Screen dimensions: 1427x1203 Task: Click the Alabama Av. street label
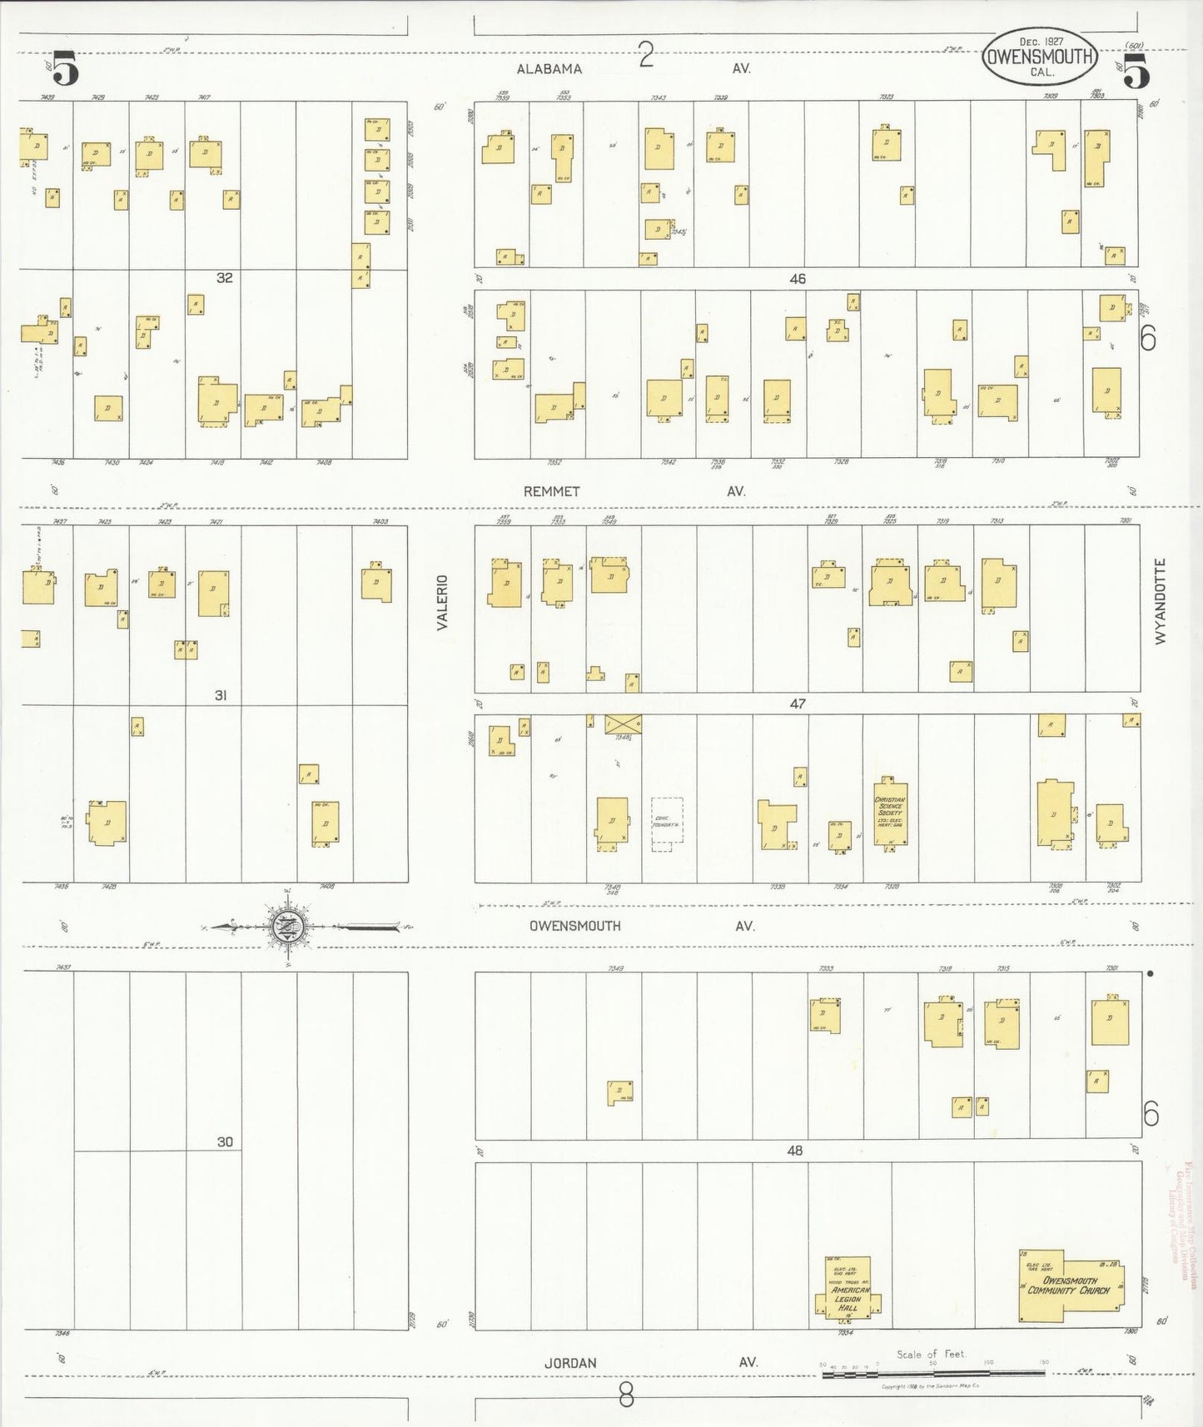[549, 69]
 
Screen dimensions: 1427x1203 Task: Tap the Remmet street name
[551, 491]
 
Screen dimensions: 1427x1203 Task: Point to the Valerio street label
[443, 602]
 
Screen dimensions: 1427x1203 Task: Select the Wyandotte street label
[1161, 600]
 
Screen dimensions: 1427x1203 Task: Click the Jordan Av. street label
[570, 1363]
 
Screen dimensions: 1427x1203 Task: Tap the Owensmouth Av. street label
[575, 926]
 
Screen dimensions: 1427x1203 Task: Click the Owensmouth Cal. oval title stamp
[1040, 57]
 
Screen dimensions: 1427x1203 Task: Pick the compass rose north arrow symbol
[287, 926]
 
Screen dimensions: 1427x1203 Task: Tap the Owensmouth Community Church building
[1070, 1287]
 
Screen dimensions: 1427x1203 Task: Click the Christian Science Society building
[890, 813]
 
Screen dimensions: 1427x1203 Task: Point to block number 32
[225, 278]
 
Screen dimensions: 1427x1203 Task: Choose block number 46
[798, 279]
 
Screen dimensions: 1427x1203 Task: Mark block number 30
[225, 1142]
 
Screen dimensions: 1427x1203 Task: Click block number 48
[795, 1151]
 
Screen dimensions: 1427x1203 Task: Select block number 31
[221, 695]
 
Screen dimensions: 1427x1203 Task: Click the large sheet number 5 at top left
[66, 68]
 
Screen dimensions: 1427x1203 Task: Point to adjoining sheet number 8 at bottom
[626, 1395]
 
